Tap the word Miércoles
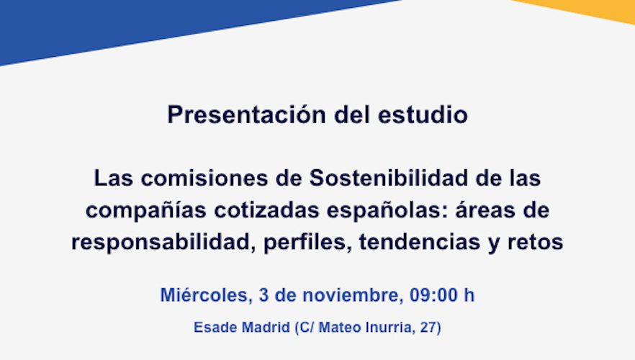coord(204,295)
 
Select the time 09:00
coord(434,295)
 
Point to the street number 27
coord(430,328)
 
